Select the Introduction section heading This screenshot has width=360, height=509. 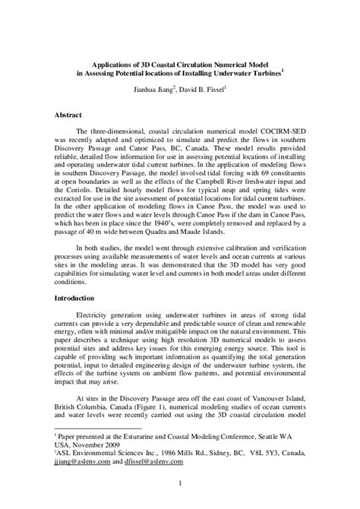coord(77,298)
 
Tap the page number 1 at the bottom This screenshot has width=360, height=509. coord(180,481)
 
